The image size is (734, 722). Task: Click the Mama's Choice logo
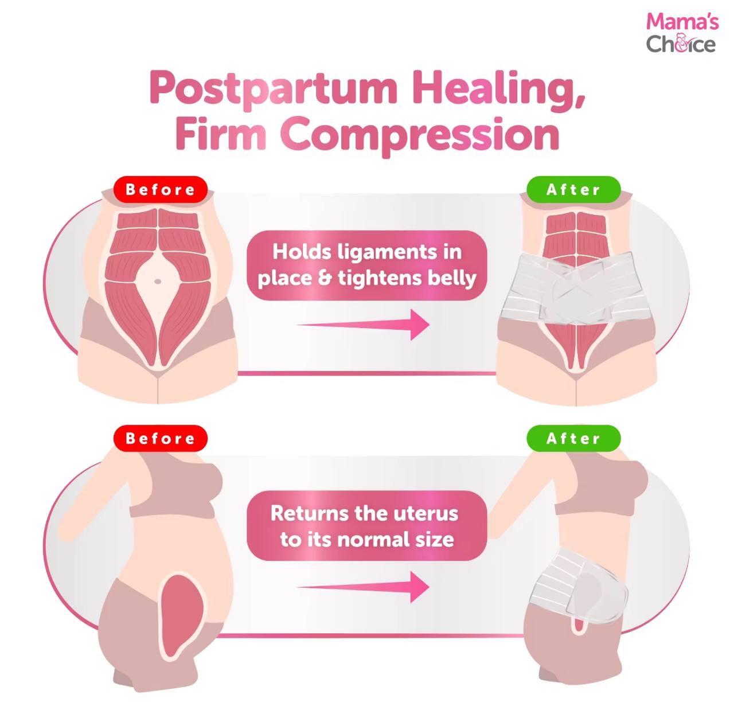tap(681, 33)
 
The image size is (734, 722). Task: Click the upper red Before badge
tap(161, 189)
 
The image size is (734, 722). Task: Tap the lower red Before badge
tap(161, 438)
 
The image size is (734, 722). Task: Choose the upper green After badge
tap(573, 189)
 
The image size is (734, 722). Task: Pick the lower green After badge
tap(573, 438)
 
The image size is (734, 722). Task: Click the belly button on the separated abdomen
tap(158, 282)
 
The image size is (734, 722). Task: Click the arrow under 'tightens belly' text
tap(363, 325)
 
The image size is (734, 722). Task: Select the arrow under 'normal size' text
tap(363, 587)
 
